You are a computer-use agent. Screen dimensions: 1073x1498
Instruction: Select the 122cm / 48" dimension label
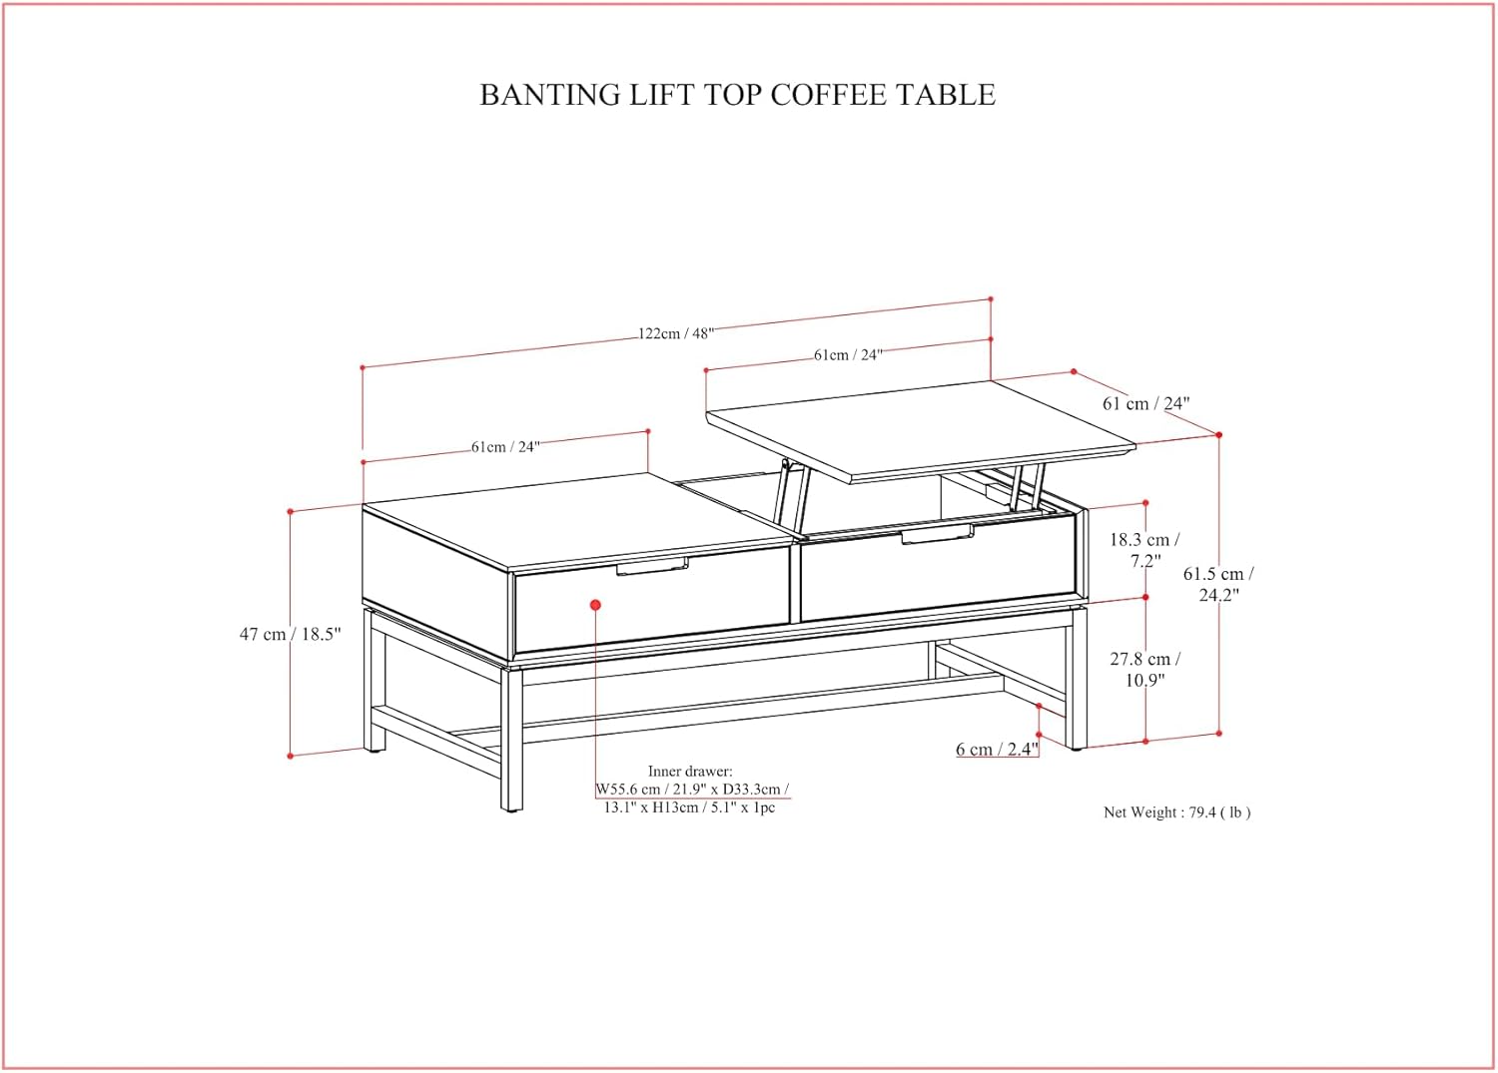tap(676, 333)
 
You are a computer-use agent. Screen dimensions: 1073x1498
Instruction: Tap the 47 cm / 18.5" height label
tap(290, 634)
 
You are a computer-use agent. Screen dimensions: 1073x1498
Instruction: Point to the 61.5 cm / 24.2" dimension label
tap(1218, 584)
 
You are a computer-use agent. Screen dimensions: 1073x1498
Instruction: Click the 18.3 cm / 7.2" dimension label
tap(1144, 550)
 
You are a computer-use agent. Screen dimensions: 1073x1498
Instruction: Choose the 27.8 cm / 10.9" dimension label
tap(1144, 670)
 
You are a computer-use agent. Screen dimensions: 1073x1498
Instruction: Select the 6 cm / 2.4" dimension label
tap(997, 750)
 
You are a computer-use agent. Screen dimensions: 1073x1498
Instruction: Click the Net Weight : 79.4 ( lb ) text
tap(1176, 812)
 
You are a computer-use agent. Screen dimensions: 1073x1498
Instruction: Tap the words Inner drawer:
tap(690, 771)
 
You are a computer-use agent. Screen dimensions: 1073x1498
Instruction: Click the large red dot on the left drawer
tap(595, 605)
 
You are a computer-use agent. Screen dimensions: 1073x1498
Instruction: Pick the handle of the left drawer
tap(652, 568)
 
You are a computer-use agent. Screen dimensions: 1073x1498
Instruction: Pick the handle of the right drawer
tap(937, 535)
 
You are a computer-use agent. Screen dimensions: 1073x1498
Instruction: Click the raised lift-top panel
tap(919, 424)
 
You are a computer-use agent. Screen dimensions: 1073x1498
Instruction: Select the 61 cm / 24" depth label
tap(1145, 403)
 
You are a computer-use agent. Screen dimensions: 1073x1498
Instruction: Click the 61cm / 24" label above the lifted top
tap(848, 354)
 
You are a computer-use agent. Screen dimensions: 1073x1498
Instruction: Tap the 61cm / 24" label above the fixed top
tap(505, 447)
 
